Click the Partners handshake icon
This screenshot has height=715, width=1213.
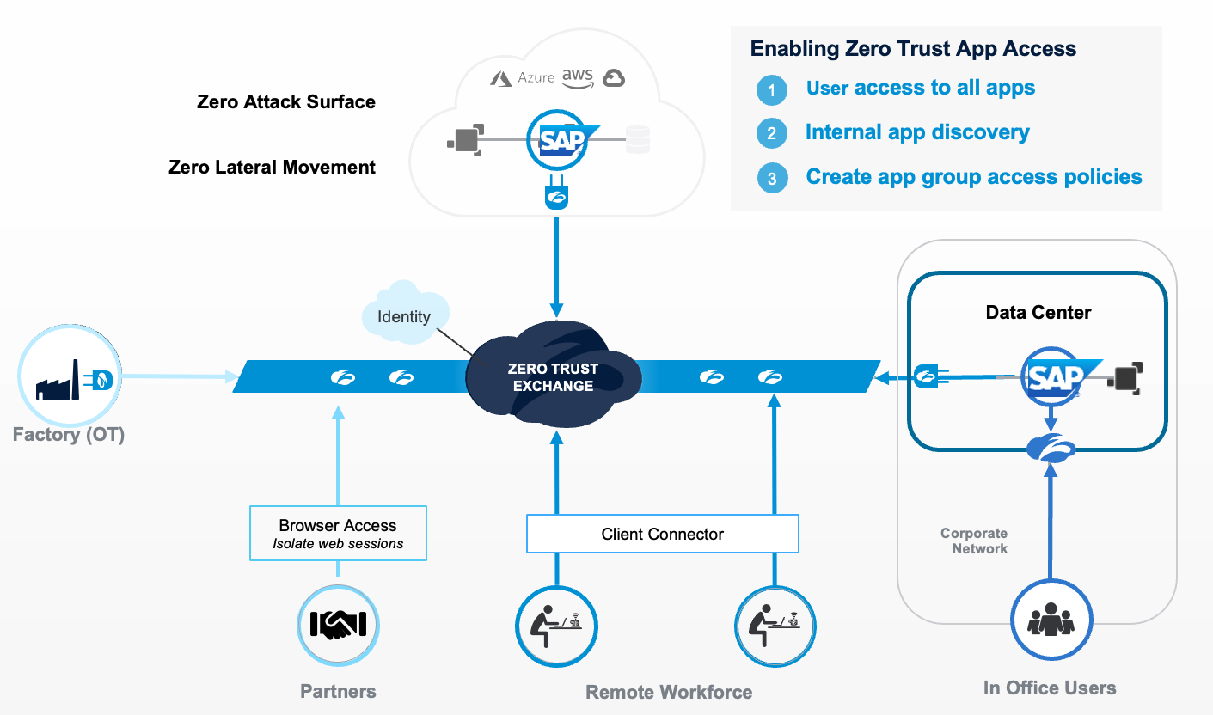[338, 625]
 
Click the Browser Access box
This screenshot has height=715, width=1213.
[338, 534]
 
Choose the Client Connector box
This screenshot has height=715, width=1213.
[662, 534]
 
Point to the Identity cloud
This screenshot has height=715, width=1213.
[404, 313]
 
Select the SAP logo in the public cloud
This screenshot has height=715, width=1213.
[562, 139]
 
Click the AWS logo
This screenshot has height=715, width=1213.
[577, 77]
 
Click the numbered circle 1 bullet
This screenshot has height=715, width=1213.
[772, 89]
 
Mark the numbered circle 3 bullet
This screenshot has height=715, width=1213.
[772, 179]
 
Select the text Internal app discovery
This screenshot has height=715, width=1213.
[917, 132]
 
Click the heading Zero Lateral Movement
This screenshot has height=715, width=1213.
[272, 167]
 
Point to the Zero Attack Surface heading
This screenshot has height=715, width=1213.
[285, 101]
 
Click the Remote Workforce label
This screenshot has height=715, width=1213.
[669, 692]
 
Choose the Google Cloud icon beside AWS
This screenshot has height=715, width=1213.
[613, 78]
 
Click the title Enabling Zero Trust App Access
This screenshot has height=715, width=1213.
[913, 48]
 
